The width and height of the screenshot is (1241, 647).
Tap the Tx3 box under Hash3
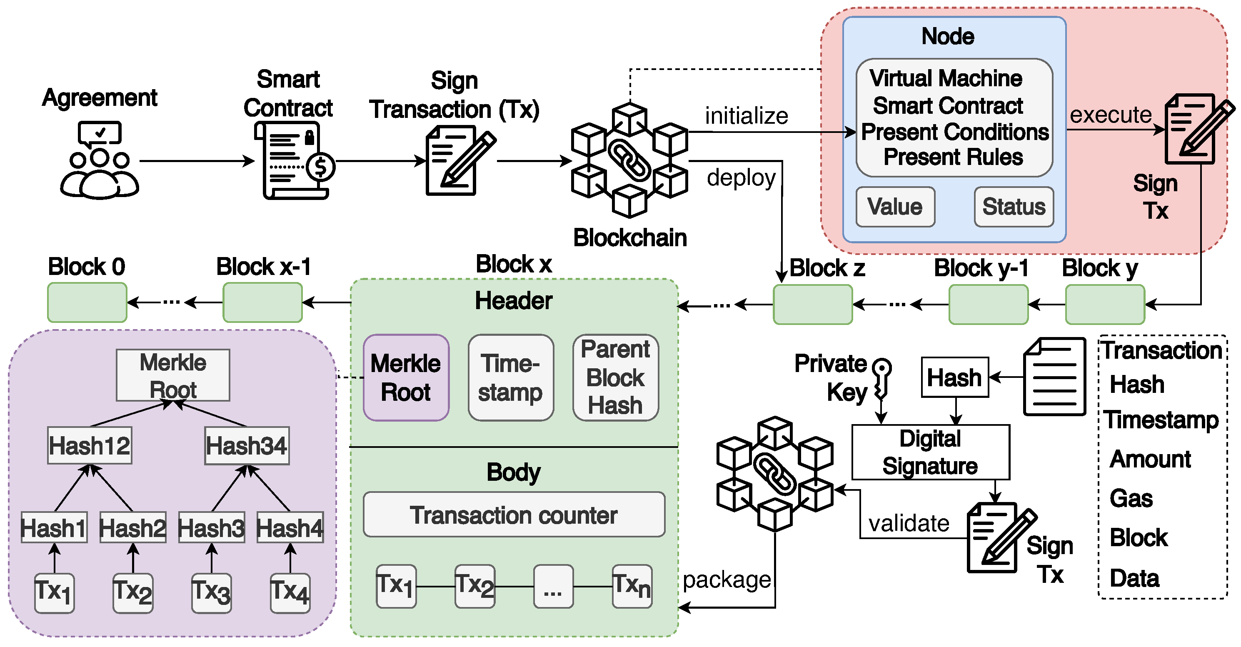tap(212, 592)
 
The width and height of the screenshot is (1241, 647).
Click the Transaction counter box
tap(514, 515)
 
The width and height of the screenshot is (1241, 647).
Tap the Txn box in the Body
tap(632, 586)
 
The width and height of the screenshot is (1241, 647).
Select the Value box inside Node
tap(895, 207)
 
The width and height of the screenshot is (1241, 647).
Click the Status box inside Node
tap(1014, 207)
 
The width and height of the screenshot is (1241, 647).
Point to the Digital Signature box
tap(930, 452)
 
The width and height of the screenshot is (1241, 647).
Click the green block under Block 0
tap(87, 302)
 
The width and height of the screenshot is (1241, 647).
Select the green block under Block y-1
tap(988, 305)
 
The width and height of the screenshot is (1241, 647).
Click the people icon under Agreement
tap(100, 173)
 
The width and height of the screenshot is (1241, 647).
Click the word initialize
tap(746, 116)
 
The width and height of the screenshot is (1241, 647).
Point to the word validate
tap(909, 524)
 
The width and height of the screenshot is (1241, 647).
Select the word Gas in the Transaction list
tap(1131, 498)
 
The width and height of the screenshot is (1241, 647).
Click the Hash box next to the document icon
tap(954, 377)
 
